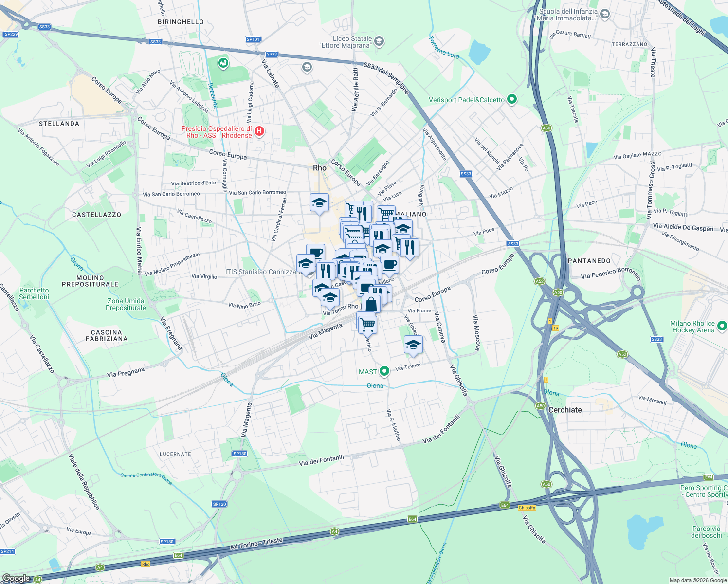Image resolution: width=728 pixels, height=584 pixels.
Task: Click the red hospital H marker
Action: click(259, 131)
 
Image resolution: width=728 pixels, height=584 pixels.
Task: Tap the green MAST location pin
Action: click(384, 371)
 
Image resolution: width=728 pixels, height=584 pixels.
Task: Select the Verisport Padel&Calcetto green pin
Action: click(511, 99)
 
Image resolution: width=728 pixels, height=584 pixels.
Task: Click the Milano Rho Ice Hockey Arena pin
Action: click(722, 326)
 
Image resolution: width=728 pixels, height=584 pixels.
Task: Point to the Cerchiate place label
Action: click(565, 410)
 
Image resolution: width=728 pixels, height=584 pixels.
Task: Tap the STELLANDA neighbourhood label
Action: click(59, 124)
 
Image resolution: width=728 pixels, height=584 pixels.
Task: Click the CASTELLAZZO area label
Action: click(96, 215)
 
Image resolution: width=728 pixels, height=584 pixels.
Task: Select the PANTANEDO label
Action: click(589, 261)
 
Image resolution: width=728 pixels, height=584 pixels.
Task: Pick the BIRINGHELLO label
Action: click(181, 22)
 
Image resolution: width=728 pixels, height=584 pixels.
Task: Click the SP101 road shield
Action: click(253, 39)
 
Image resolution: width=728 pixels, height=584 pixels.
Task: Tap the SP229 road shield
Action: click(11, 34)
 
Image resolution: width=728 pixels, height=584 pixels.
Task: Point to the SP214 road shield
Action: click(8, 551)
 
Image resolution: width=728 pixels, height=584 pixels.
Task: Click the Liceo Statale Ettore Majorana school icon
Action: click(379, 41)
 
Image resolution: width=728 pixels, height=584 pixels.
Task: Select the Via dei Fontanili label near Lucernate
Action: click(321, 460)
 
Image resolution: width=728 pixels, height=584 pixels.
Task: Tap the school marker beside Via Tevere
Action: click(413, 345)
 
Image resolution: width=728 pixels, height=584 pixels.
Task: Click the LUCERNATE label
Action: click(175, 454)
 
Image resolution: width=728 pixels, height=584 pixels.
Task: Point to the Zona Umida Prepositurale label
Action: click(126, 304)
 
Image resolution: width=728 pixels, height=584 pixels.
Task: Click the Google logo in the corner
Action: click(16, 578)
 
